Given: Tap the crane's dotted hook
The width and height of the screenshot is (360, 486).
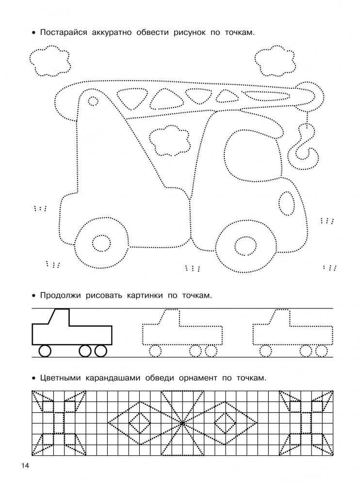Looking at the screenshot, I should [306, 146].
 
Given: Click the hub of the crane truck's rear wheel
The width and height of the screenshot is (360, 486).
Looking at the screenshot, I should [101, 243].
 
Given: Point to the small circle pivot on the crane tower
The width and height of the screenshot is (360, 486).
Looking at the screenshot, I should [92, 101].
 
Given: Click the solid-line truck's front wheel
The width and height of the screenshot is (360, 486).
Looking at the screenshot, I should [45, 351].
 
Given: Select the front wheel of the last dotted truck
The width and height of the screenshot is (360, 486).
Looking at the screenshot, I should [265, 350].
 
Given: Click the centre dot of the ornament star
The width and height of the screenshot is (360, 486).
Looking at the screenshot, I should [181, 423].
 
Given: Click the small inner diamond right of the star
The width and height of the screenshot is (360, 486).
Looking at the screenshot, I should [224, 423].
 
